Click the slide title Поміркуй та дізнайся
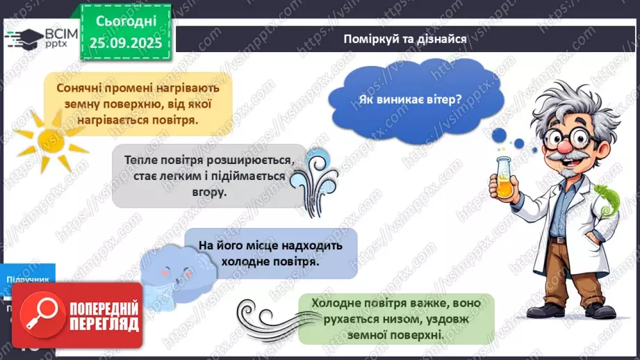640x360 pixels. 404,38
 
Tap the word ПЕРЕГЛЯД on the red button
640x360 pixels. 103,323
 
